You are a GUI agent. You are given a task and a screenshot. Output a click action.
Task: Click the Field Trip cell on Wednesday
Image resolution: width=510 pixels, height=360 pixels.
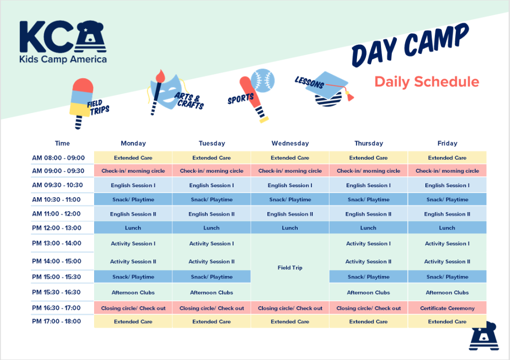290,268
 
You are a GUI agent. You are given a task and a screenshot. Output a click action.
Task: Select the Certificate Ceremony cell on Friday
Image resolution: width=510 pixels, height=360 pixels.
447,308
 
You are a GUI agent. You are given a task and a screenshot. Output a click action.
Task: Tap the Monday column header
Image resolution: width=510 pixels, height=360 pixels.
133,143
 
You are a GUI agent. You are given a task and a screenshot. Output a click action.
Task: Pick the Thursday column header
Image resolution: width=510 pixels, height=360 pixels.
368,143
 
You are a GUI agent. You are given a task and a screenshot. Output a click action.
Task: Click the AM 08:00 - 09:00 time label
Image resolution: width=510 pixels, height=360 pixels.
58,158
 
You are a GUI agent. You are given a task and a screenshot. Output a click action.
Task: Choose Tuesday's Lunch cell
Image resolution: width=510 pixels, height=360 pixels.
212,228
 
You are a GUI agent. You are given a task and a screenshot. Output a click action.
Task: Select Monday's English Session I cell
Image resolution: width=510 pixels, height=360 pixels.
133,185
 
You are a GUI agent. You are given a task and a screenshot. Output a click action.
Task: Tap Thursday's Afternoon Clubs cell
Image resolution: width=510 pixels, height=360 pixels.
368,292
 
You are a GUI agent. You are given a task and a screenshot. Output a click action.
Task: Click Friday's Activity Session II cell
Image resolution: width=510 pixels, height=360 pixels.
447,261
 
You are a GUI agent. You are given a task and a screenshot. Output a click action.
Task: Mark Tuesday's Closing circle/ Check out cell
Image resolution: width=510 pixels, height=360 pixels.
212,308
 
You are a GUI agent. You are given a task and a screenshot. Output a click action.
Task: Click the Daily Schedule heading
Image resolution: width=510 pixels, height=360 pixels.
426,82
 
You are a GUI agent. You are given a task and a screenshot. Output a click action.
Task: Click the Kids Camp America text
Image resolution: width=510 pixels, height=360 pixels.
63,59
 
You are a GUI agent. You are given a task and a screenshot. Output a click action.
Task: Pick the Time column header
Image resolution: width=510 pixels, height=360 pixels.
62,143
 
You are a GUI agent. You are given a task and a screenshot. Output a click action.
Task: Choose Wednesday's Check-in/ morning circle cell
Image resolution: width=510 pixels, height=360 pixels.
290,171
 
